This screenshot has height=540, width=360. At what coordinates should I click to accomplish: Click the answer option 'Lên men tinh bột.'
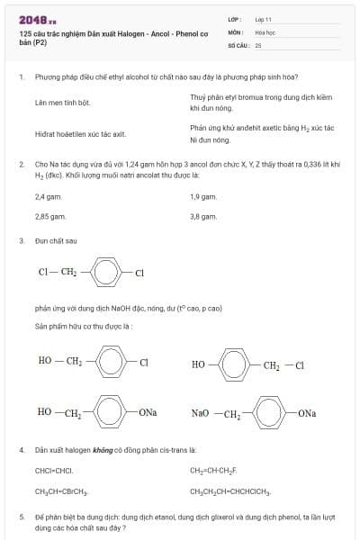point(63,103)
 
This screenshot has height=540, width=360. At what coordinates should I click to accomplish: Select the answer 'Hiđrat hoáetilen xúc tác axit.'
point(80,134)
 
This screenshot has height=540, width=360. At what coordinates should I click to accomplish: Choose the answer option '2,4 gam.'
point(49,196)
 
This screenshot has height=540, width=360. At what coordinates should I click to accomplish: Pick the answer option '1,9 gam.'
point(203,196)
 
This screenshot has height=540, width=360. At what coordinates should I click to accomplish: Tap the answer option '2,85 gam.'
point(50,217)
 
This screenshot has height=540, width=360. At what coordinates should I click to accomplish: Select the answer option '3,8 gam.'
point(203,217)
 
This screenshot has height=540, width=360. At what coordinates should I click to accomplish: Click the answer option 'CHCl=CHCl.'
point(54,471)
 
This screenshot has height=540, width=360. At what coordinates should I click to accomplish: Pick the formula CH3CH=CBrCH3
point(61,491)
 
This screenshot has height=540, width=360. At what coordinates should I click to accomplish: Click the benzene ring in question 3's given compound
point(107,272)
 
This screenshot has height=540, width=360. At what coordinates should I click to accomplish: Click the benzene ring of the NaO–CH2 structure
point(271,412)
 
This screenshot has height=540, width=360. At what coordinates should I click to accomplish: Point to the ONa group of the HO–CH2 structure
point(148,412)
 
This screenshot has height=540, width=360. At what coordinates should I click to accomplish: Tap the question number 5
point(21,517)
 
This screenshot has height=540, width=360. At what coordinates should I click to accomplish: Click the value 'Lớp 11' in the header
point(263,18)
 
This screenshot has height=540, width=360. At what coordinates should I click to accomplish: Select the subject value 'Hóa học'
point(265,31)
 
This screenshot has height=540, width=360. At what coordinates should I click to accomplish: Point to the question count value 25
point(258,44)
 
